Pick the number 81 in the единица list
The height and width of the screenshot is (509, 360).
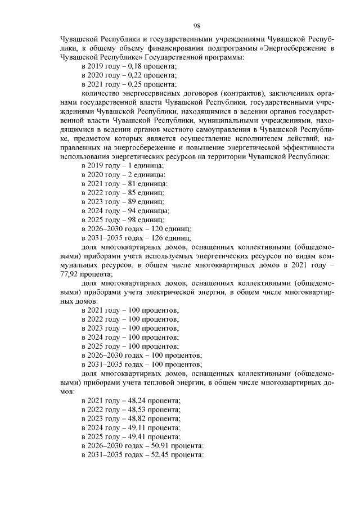[x=133, y=184]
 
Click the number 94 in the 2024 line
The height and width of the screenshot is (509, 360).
[x=133, y=211]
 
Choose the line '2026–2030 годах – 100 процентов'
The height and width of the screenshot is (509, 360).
[x=141, y=355]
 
